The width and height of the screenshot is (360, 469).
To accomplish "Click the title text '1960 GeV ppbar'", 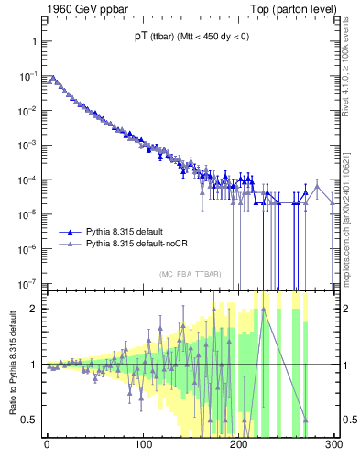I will tap(80, 8).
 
